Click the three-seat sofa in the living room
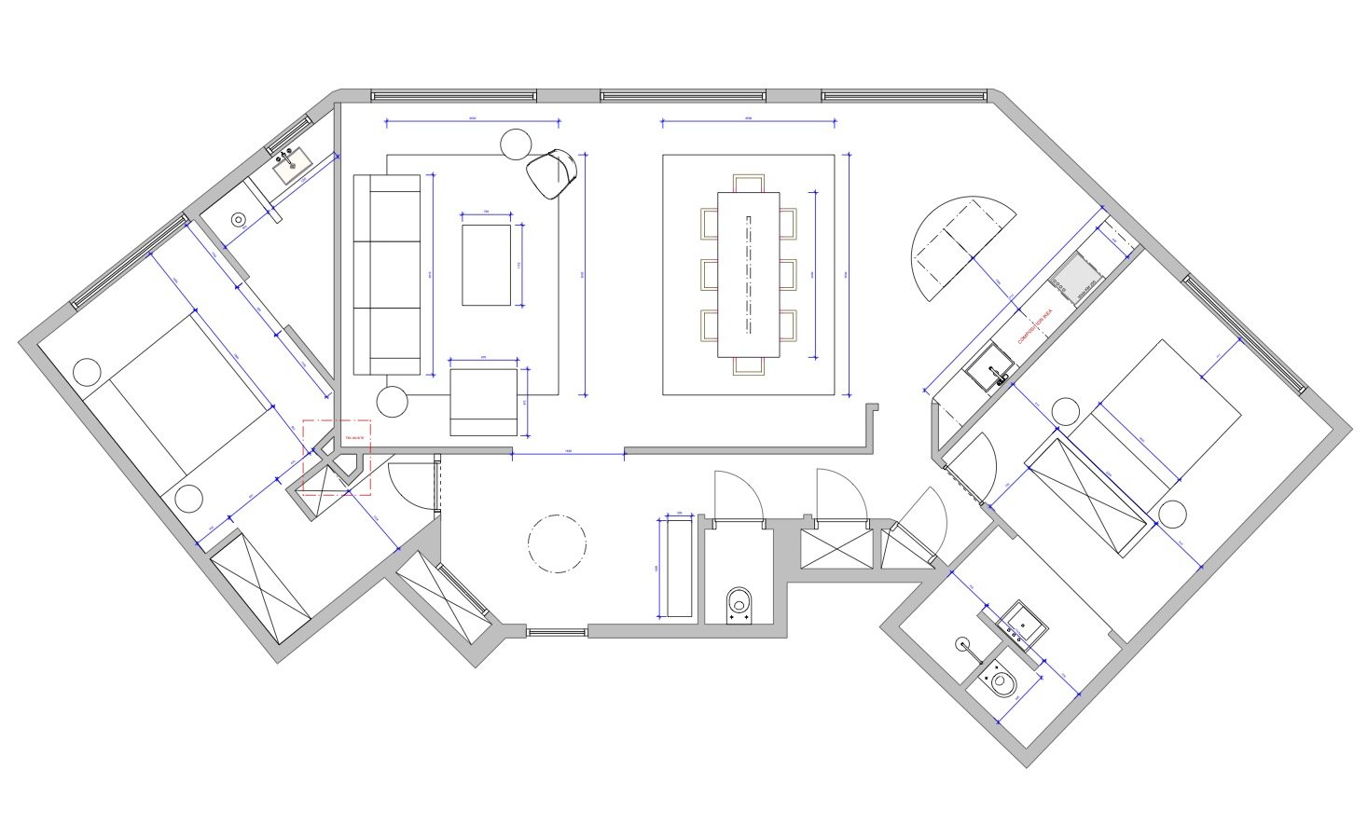pos(387,275)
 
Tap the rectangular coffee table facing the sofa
pos(487,265)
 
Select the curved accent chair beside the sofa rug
pos(552,173)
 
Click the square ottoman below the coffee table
pos(483,402)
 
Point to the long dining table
pos(748,274)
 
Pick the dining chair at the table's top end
pos(748,183)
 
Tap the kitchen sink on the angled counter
pos(989,367)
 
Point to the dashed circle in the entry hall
pos(557,542)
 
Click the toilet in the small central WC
pos(739,604)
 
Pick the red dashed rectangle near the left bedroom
pos(337,456)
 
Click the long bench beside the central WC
pos(675,567)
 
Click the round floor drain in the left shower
pos(238,220)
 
